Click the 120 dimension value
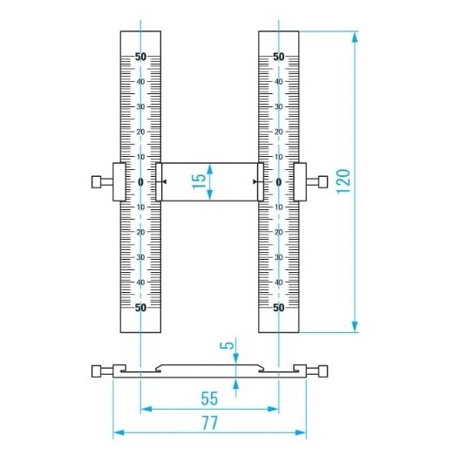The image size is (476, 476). click(x=343, y=181)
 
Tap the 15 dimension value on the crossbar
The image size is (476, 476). click(x=199, y=181)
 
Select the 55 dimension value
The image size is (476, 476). click(x=209, y=398)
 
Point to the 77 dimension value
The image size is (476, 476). click(x=210, y=423)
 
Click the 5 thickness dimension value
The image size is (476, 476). click(x=227, y=345)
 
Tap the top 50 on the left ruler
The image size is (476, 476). click(x=140, y=57)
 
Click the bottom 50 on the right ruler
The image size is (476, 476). click(x=279, y=308)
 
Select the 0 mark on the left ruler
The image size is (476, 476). click(x=140, y=182)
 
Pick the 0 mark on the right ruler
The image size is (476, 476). click(x=279, y=182)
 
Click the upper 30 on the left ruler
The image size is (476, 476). click(x=140, y=107)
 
